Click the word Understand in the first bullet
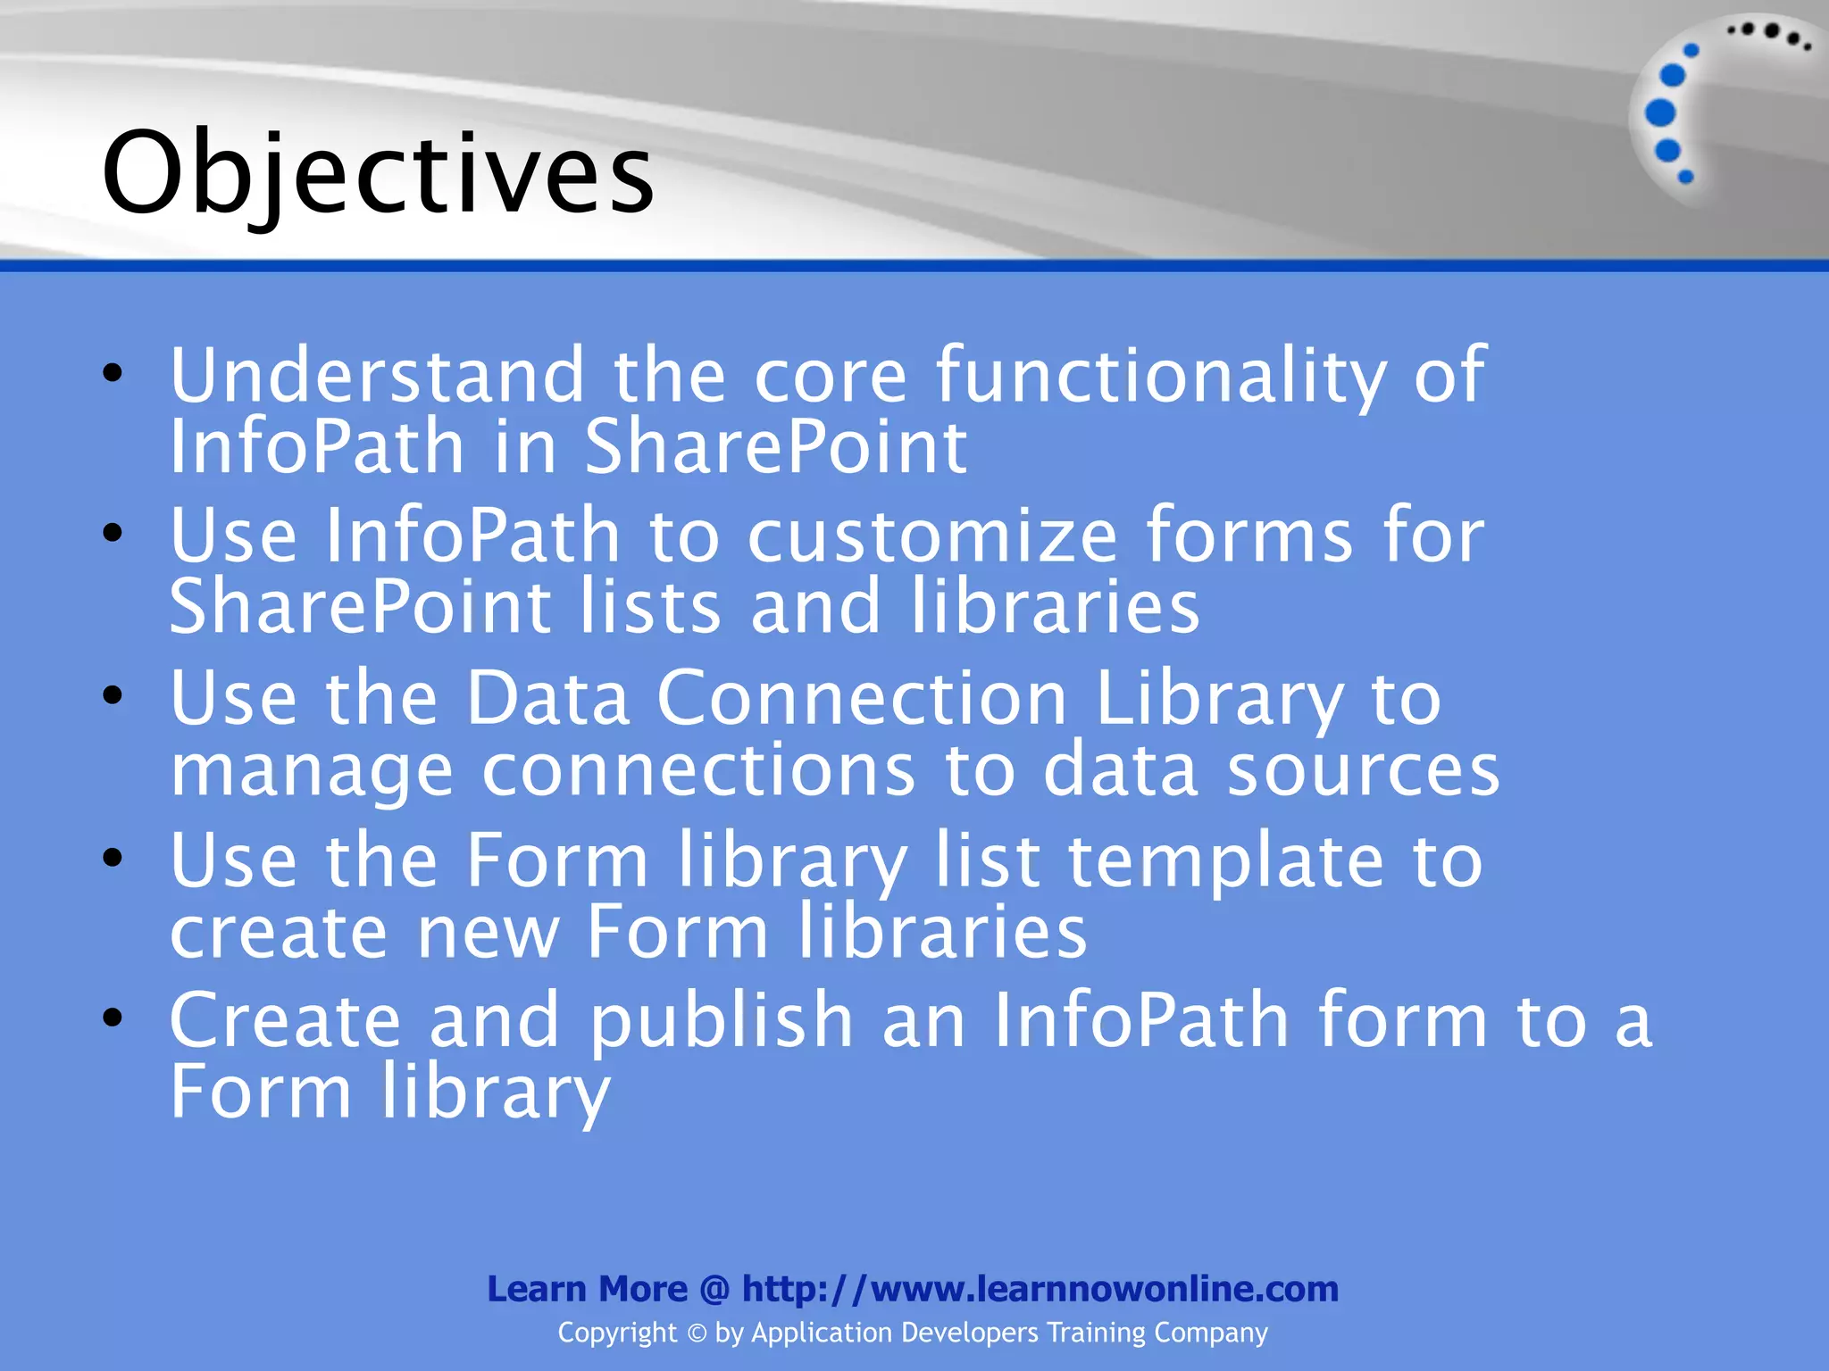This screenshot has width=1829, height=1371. pyautogui.click(x=377, y=375)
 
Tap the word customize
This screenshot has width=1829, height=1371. pyautogui.click(x=931, y=536)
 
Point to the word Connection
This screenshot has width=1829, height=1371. pyautogui.click(x=862, y=698)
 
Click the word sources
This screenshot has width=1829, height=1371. pyautogui.click(x=1363, y=769)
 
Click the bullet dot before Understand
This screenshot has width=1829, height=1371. pyautogui.click(x=113, y=373)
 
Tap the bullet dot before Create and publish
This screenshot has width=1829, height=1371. pyautogui.click(x=113, y=1018)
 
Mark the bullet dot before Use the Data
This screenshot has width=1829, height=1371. pyautogui.click(x=113, y=695)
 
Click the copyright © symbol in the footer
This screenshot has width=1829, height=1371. pyautogui.click(x=697, y=1334)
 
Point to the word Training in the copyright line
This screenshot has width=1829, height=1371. pyautogui.click(x=1096, y=1333)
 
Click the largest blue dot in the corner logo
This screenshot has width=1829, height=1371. pyautogui.click(x=1659, y=113)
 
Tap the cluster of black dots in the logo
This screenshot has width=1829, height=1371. pyautogui.click(x=1769, y=34)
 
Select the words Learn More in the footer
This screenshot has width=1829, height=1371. pyautogui.click(x=587, y=1289)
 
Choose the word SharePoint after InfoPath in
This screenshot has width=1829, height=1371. pyautogui.click(x=775, y=446)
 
